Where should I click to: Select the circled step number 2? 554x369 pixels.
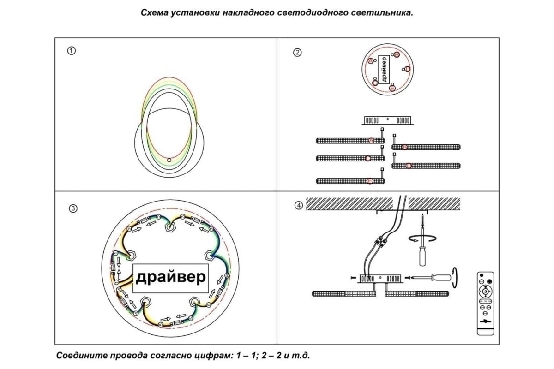(x=298, y=52)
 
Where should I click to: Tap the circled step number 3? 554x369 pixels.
(x=72, y=208)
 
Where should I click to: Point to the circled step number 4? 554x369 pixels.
(x=299, y=205)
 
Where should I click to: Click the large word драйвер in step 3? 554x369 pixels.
(x=170, y=278)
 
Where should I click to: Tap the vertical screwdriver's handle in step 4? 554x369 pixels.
(x=422, y=256)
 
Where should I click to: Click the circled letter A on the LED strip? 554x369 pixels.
(x=371, y=140)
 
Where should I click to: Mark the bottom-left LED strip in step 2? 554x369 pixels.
(x=350, y=181)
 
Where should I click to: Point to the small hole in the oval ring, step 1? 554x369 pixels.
(x=169, y=160)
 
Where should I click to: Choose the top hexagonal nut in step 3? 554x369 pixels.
(x=170, y=226)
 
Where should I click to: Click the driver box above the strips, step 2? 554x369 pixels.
(x=388, y=120)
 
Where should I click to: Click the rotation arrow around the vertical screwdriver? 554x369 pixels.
(x=421, y=238)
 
